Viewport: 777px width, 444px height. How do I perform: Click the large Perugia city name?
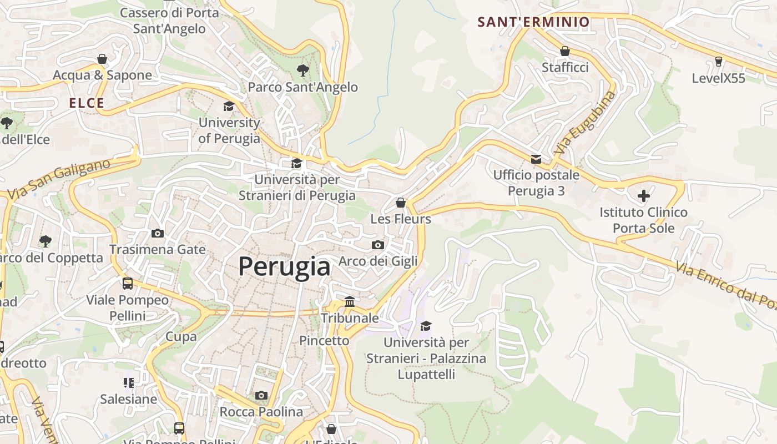284,266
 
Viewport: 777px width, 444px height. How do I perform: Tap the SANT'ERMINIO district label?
533,22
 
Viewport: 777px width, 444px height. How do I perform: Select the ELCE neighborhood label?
87,103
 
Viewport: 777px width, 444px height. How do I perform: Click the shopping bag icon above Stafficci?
565,52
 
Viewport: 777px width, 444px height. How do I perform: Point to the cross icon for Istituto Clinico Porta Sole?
644,196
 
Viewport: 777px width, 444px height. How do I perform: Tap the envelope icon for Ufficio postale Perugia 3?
536,159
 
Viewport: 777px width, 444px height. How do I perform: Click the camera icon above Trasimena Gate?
158,233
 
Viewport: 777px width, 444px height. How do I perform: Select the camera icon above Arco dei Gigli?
377,245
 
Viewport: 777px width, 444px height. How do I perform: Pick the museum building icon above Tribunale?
350,301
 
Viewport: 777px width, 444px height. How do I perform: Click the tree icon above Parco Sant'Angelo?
302,70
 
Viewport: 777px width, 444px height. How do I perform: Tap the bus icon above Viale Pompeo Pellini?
128,284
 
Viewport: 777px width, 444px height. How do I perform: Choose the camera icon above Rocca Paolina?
261,395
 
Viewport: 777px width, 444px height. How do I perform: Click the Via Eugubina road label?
585,123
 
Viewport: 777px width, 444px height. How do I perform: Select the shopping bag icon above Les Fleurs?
401,203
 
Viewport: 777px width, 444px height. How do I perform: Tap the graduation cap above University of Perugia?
229,106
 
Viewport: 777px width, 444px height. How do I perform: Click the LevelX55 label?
718,78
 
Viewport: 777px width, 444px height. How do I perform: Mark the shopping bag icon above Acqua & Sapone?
102,59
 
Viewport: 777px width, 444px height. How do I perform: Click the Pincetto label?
324,340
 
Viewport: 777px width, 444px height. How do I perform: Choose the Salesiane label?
128,398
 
